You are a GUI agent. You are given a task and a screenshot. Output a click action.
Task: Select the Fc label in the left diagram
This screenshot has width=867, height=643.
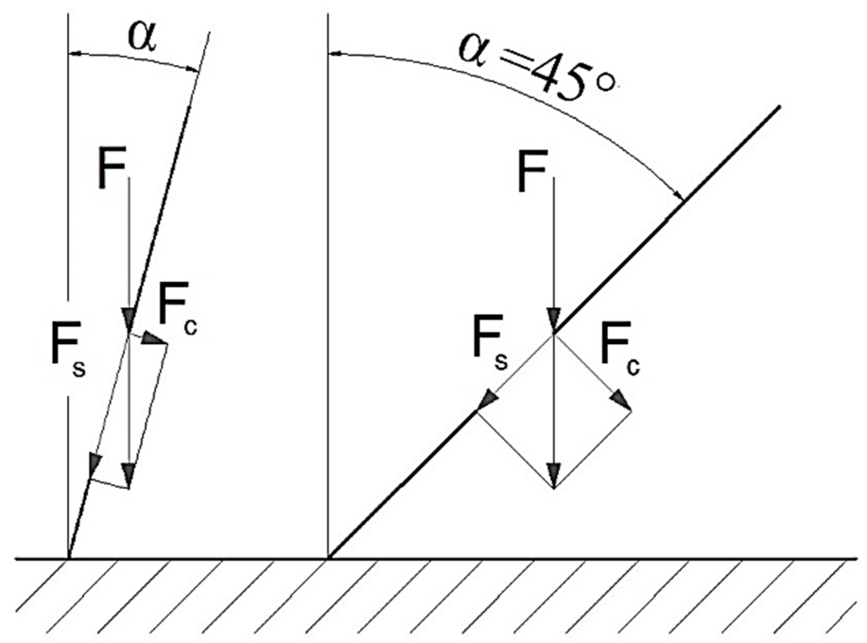pos(177,310)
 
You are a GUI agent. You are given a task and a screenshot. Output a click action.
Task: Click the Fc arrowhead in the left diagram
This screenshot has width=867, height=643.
pos(154,338)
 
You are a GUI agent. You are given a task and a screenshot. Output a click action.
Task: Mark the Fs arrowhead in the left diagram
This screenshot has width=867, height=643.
pos(94,463)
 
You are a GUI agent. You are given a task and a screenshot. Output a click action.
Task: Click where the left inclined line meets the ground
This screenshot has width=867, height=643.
pos(69,558)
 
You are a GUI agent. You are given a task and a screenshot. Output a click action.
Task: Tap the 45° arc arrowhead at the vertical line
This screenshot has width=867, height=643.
pos(334,54)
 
